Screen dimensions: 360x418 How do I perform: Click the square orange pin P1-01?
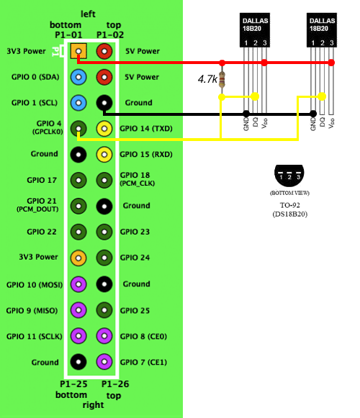point(78,51)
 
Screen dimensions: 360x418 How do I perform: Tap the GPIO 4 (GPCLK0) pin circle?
point(78,129)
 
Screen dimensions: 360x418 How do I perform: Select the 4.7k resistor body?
point(222,79)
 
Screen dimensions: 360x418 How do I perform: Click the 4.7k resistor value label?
point(207,79)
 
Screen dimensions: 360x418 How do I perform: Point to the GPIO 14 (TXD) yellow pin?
point(104,129)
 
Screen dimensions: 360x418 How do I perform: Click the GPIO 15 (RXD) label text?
point(146,155)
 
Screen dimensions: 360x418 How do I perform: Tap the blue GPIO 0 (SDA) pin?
point(78,77)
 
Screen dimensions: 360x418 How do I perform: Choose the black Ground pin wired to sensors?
point(104,103)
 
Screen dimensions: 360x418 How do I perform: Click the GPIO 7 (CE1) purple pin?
point(104,362)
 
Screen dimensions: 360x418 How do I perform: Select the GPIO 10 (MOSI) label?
point(35,285)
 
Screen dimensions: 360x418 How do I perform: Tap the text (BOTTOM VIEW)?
point(290,193)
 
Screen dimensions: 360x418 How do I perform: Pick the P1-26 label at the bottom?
point(115,384)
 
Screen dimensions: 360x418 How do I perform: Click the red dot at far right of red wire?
point(331,63)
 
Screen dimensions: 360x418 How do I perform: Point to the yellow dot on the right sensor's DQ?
point(322,96)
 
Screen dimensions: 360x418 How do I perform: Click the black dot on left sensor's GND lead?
point(246,114)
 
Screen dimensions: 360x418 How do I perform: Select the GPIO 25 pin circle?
point(104,310)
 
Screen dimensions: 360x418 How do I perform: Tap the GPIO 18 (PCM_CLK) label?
point(138,179)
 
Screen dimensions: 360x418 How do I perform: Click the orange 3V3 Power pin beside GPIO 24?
point(78,258)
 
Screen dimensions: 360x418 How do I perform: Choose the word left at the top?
point(88,14)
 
